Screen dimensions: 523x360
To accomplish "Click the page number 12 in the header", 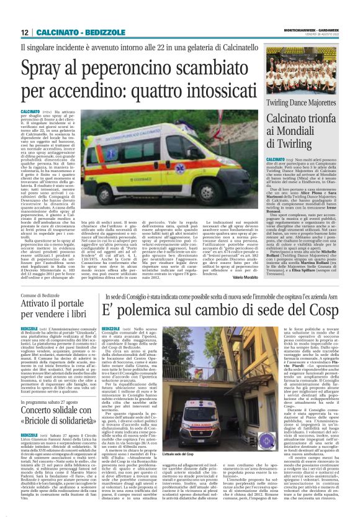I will click(24, 32).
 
